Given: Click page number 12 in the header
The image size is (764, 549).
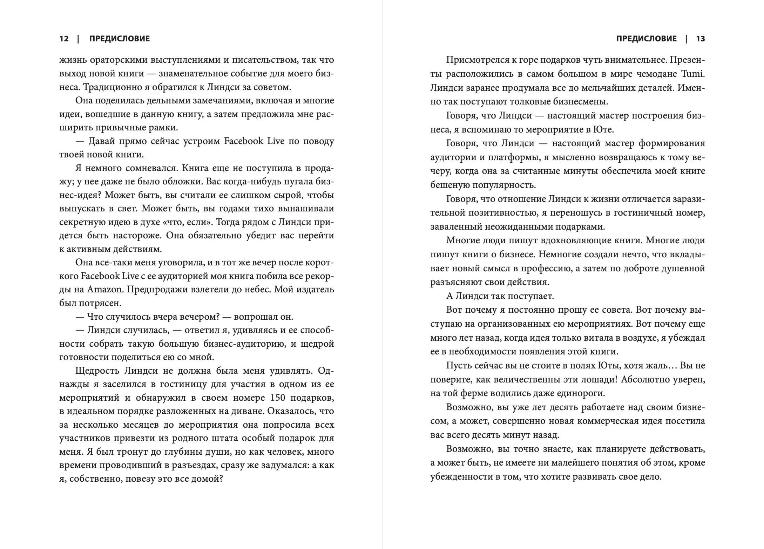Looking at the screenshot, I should click(64, 39).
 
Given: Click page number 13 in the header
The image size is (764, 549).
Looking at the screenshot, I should click(700, 39).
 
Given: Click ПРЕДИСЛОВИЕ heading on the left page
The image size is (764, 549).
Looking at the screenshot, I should click(119, 39).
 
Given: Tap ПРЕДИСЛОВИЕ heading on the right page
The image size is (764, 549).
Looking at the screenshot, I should click(646, 39).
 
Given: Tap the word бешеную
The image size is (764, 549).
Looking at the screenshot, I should click(449, 185).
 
